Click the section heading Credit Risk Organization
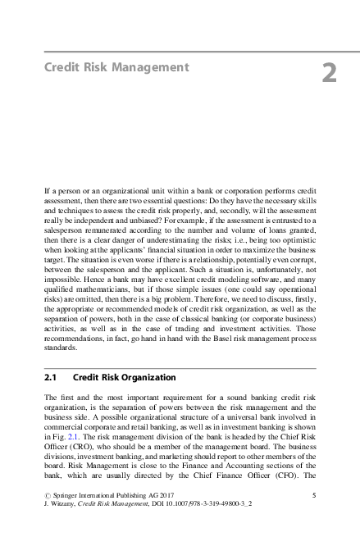point(124,378)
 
